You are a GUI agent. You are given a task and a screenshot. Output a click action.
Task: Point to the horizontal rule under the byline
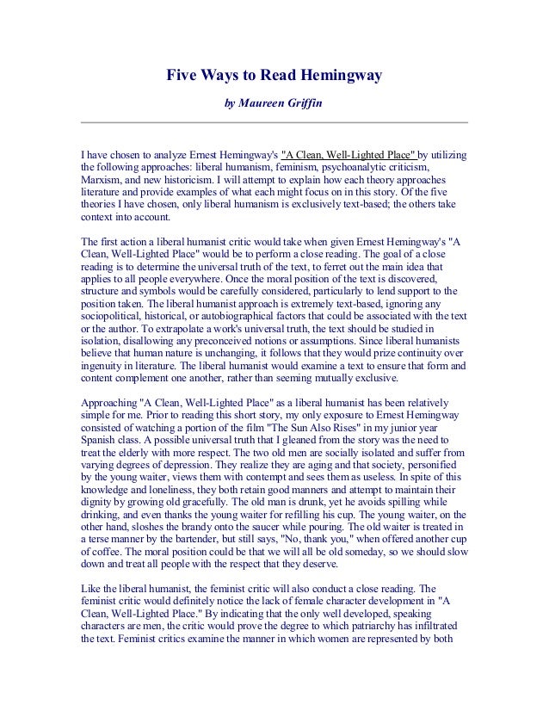pyautogui.click(x=274, y=122)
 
